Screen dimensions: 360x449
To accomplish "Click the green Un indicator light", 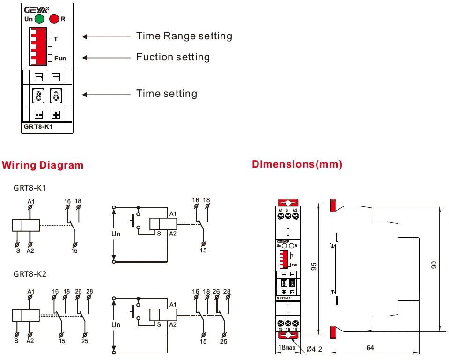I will (39, 19).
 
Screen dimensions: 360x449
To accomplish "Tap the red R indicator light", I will (54, 19).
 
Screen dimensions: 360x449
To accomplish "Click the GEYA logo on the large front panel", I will (36, 9).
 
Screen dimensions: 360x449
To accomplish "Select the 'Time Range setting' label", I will (184, 36).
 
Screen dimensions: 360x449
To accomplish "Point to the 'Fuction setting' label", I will (173, 57).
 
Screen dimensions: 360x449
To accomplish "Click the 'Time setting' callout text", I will (167, 94).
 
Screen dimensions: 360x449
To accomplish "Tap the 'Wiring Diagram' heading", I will (43, 165).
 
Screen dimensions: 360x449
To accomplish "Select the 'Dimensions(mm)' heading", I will (297, 164).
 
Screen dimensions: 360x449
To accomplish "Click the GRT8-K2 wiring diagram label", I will (30, 273).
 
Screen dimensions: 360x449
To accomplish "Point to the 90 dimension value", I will (434, 265).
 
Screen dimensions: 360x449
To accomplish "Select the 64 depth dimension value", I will (370, 348).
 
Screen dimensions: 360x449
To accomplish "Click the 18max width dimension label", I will (287, 348).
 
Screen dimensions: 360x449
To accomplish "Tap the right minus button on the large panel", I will (56, 77).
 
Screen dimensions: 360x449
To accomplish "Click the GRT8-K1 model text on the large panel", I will (38, 126).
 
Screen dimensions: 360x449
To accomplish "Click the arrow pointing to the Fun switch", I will (107, 58).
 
